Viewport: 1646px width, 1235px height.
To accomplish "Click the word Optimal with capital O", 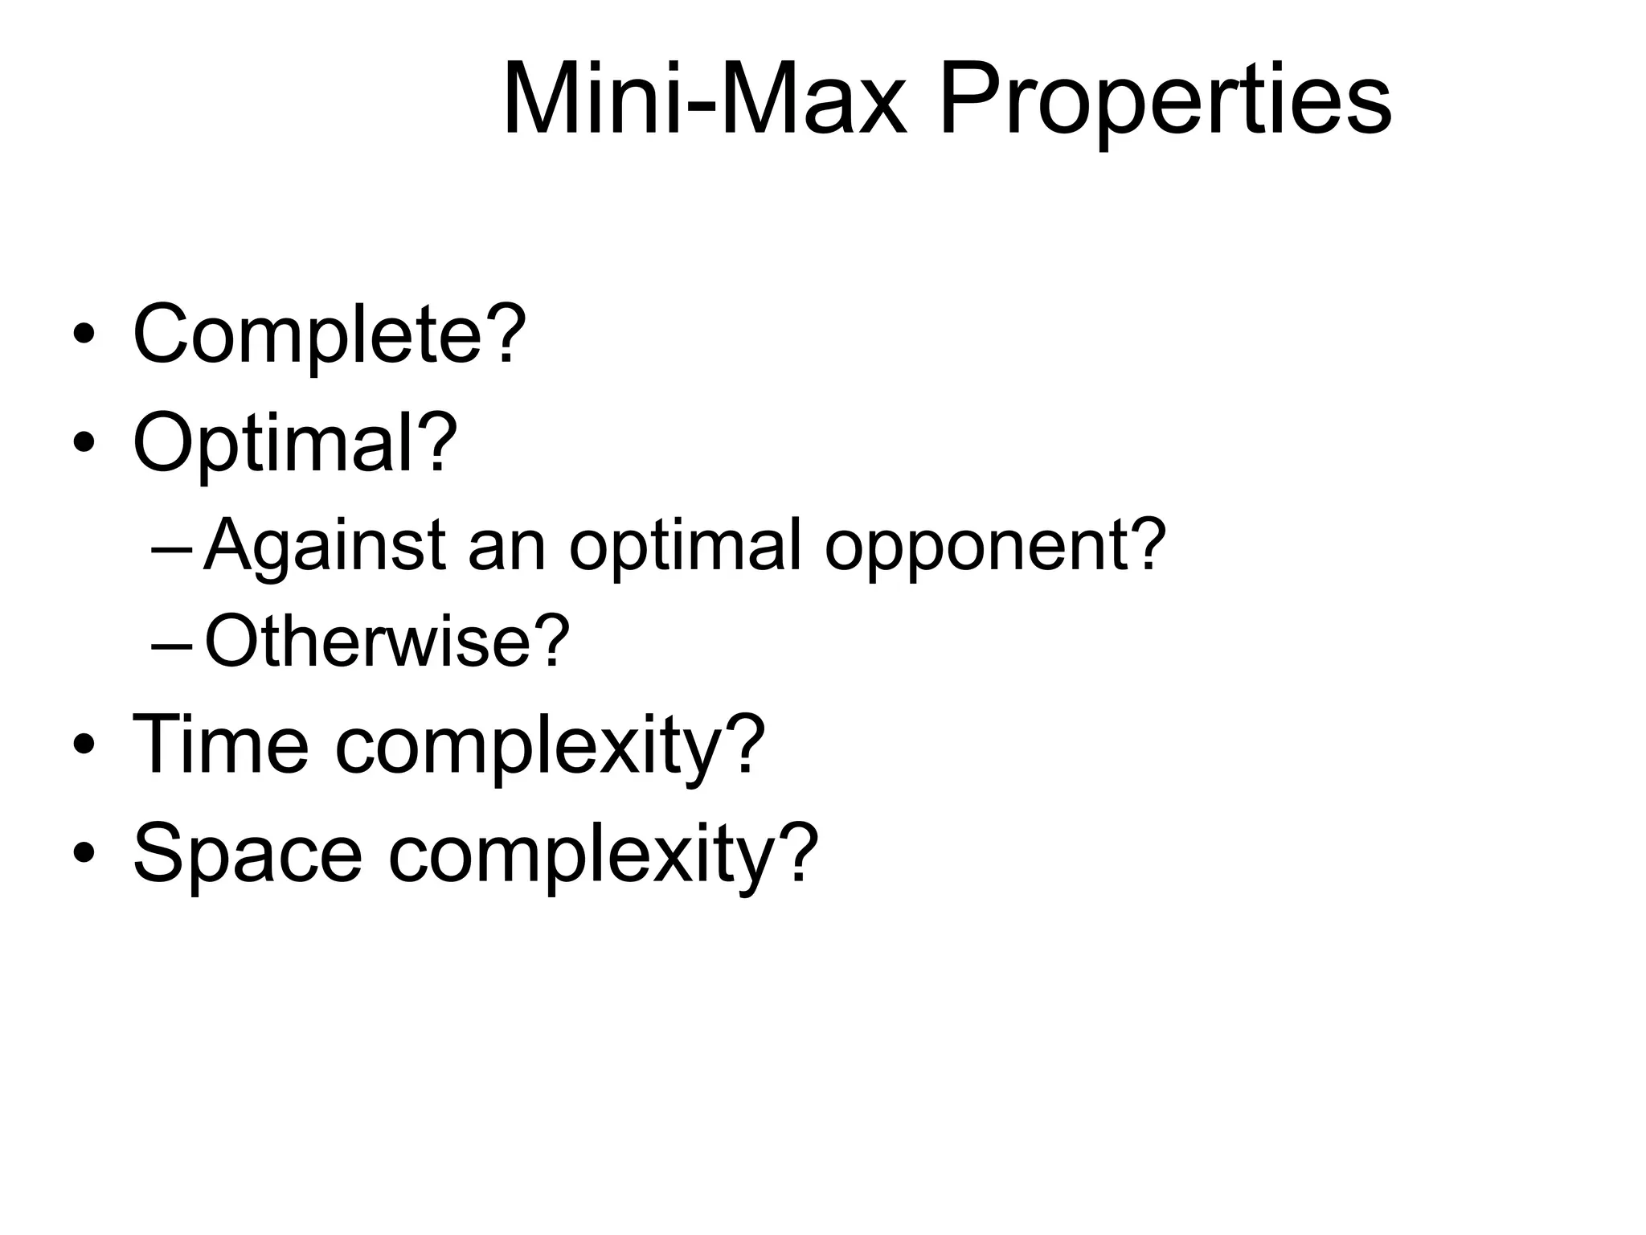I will point(274,443).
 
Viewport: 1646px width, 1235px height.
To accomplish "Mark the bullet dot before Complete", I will point(84,333).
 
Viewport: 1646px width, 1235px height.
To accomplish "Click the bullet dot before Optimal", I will point(84,441).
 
